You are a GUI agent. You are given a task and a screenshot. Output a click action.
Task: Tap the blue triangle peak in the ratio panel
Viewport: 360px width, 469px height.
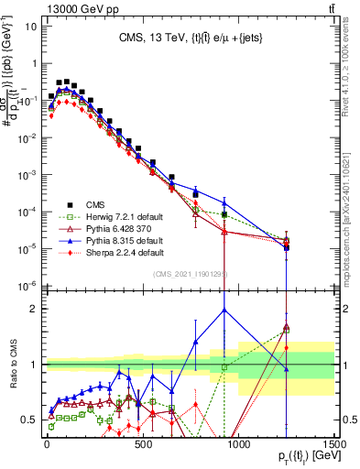tap(224, 310)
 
